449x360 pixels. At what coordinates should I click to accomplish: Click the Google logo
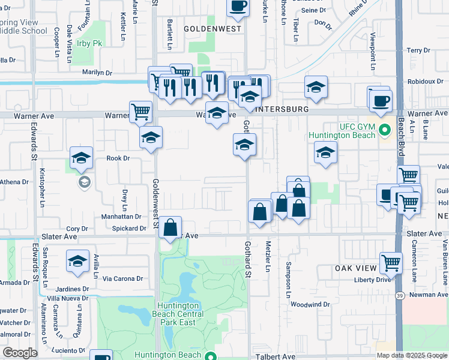coord(20,353)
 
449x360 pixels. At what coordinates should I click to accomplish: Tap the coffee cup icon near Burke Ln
coord(238,6)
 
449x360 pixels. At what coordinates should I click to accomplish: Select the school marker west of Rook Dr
coord(81,158)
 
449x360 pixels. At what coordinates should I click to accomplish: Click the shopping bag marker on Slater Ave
coord(170,227)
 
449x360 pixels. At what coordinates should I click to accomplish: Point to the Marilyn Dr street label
coord(97,73)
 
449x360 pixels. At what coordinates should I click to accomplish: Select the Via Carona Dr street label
coord(122,278)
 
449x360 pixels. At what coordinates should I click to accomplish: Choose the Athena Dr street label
coord(14,182)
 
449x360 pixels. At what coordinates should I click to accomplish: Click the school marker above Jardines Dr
coord(77,262)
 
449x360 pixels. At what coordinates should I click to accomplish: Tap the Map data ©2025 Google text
coord(411,355)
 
